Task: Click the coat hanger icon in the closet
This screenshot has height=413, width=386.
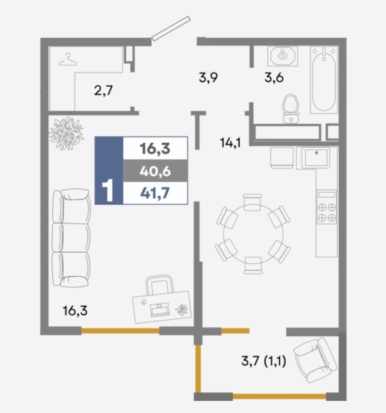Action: tap(68, 60)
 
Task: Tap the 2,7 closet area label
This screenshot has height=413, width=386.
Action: tap(103, 91)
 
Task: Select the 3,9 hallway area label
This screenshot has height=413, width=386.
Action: tap(208, 78)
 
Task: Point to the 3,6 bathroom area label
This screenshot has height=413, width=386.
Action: tap(274, 78)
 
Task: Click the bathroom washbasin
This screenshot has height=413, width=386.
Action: tap(283, 56)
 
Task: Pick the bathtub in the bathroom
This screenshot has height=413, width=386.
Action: tap(324, 80)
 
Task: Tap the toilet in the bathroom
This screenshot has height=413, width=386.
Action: tap(291, 109)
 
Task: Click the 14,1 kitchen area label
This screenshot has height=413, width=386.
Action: tap(230, 143)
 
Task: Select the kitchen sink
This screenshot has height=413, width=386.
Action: tap(316, 158)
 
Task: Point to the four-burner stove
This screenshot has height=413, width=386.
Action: tap(327, 207)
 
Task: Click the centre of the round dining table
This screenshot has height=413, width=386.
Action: tap(253, 234)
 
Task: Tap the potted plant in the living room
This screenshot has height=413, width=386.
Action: tap(66, 133)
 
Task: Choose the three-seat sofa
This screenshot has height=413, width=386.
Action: tap(71, 238)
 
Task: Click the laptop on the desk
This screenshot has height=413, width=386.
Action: tap(160, 310)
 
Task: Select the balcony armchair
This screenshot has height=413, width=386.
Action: tap(315, 360)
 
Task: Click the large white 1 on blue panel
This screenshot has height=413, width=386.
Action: tap(107, 191)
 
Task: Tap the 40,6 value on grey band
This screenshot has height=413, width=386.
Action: tap(155, 172)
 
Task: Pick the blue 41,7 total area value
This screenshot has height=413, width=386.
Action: tap(155, 194)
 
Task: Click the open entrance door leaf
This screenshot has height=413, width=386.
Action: tap(171, 28)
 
